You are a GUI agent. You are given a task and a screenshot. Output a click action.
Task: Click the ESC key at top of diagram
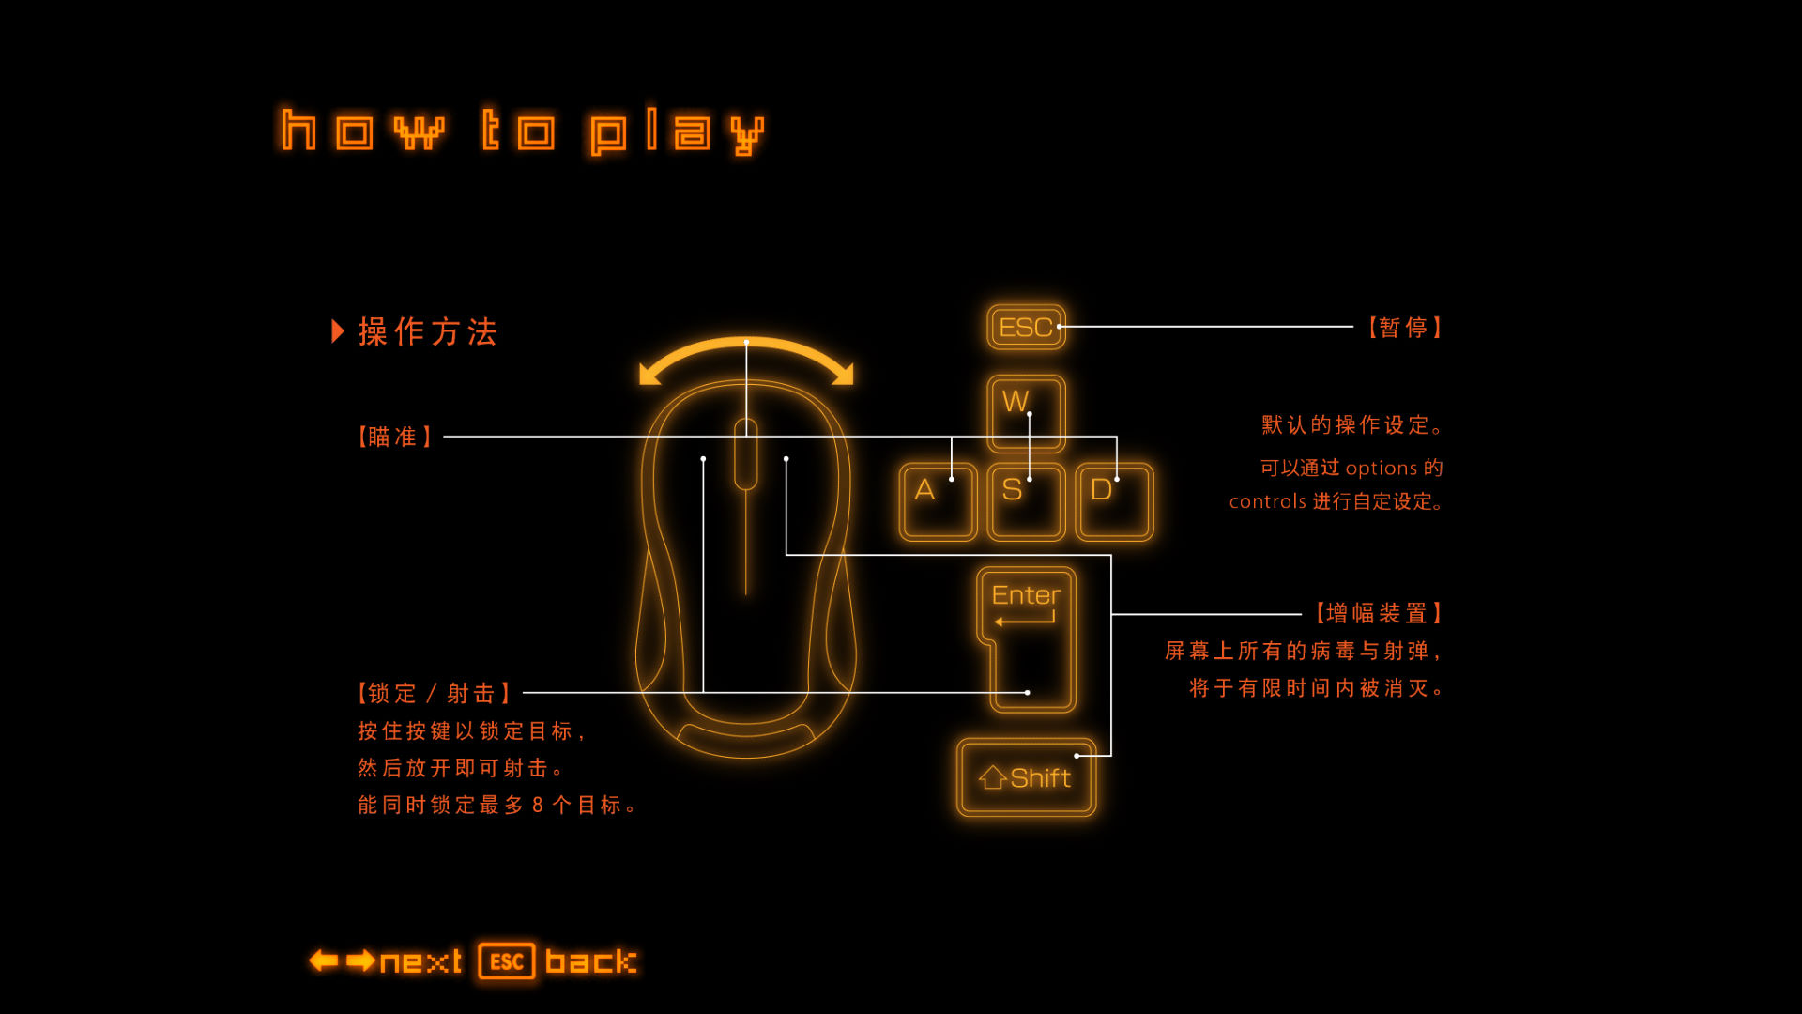[1026, 327]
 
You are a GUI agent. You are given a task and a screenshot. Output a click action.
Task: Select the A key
[938, 501]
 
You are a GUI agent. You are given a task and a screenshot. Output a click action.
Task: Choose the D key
[1114, 501]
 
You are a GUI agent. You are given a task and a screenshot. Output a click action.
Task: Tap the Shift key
[1026, 777]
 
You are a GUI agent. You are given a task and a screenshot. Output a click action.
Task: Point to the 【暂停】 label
[1404, 328]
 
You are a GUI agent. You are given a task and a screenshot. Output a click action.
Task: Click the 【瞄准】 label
[394, 437]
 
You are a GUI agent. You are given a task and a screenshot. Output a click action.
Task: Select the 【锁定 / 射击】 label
[434, 693]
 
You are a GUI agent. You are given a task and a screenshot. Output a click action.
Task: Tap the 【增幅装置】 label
[1377, 614]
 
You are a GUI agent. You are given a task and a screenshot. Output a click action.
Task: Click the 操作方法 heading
[428, 331]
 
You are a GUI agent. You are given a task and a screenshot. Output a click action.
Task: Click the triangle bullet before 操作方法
[338, 331]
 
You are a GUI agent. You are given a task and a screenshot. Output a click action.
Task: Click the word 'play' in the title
[677, 131]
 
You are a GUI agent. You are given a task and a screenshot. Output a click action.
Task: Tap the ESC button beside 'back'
[507, 961]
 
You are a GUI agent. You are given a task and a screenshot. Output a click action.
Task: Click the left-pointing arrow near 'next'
[324, 960]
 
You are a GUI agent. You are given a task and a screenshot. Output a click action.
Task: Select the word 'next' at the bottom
[420, 961]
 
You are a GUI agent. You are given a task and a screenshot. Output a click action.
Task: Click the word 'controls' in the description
[1268, 501]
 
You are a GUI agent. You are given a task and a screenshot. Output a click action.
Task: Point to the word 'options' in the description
[1381, 469]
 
